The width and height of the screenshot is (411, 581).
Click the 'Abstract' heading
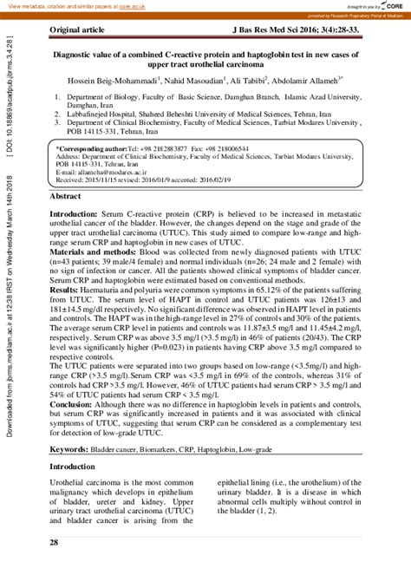[x=66, y=199]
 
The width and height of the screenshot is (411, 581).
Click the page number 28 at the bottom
[x=54, y=542]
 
